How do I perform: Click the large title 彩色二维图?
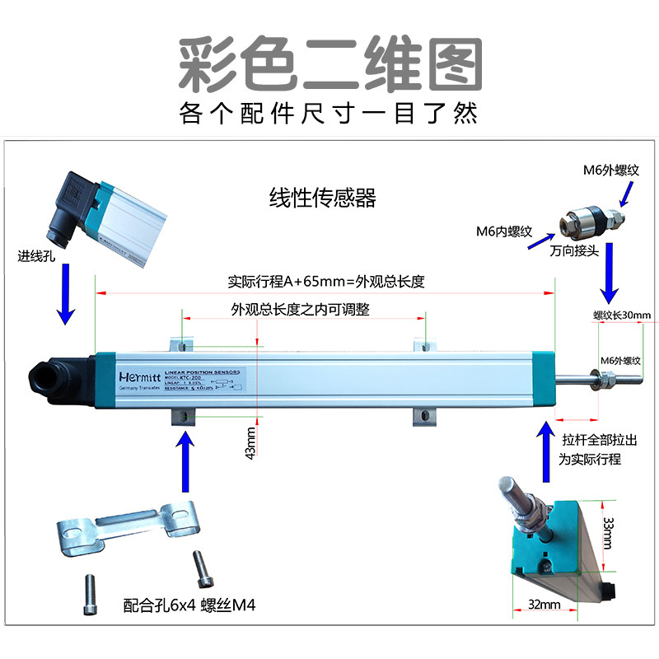(x=330, y=63)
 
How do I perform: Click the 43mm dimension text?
(x=250, y=443)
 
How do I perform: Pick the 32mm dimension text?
(x=544, y=605)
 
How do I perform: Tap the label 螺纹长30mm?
(x=622, y=315)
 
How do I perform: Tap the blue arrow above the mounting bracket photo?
(x=186, y=465)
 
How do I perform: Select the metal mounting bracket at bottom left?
(x=128, y=530)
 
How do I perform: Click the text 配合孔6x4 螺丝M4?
(x=189, y=605)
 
